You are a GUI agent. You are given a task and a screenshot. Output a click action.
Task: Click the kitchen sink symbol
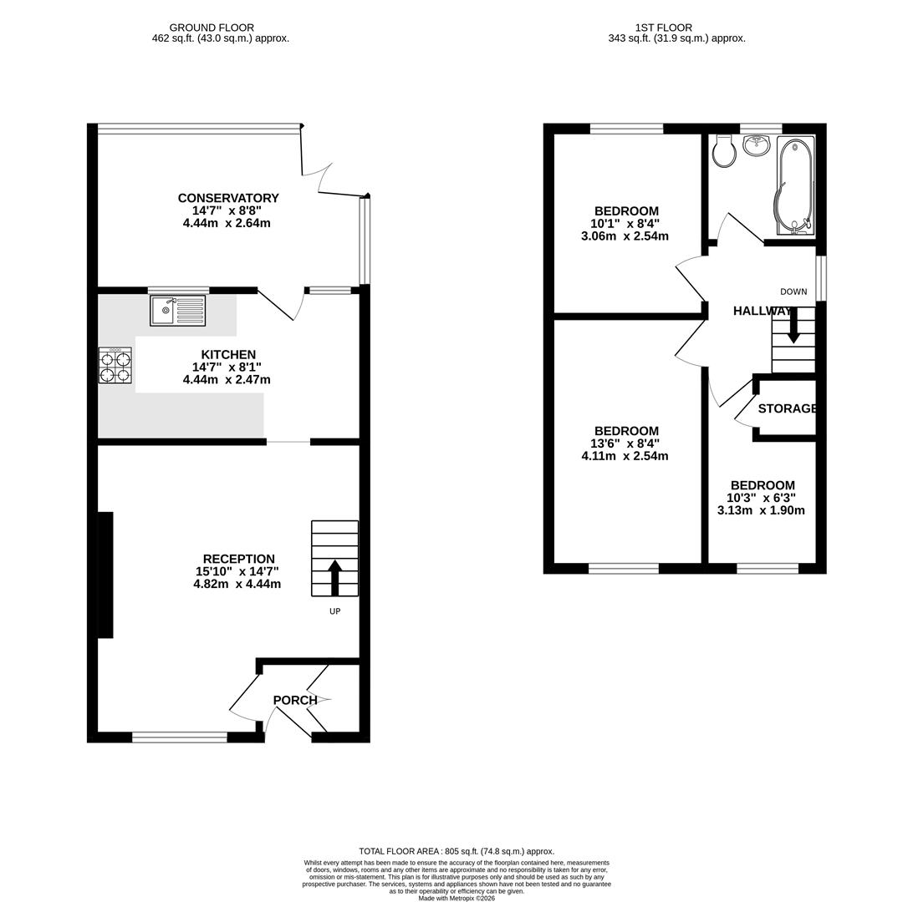tap(177, 311)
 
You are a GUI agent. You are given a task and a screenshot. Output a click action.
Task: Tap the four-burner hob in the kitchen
tap(115, 366)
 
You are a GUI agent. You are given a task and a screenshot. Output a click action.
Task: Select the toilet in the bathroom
tap(724, 151)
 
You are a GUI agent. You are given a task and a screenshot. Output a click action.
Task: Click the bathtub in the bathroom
tap(794, 185)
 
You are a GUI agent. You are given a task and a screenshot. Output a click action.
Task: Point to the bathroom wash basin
tap(757, 145)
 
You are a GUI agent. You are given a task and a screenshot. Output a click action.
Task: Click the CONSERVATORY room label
tap(228, 198)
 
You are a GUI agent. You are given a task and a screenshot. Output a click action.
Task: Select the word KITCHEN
tap(228, 355)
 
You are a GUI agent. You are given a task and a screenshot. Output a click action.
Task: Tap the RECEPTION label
tap(238, 559)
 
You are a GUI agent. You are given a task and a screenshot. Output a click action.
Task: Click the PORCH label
tap(295, 700)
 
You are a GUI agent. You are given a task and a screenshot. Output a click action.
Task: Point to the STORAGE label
tap(788, 408)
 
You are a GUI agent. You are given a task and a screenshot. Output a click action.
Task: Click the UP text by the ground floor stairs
tap(334, 611)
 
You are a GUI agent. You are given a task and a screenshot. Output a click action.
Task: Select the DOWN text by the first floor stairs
tap(793, 291)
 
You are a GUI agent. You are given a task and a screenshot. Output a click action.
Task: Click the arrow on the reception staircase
tap(334, 577)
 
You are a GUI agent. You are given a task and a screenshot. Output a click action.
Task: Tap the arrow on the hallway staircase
tap(793, 326)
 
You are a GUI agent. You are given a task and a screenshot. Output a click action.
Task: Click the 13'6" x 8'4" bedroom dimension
tap(626, 443)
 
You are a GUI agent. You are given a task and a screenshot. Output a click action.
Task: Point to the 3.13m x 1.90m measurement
tap(761, 510)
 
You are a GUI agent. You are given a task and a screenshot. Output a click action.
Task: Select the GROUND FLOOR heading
tap(212, 28)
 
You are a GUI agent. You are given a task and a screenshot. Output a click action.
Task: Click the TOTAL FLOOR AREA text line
tap(456, 851)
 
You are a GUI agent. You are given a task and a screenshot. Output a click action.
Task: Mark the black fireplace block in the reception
tap(105, 575)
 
